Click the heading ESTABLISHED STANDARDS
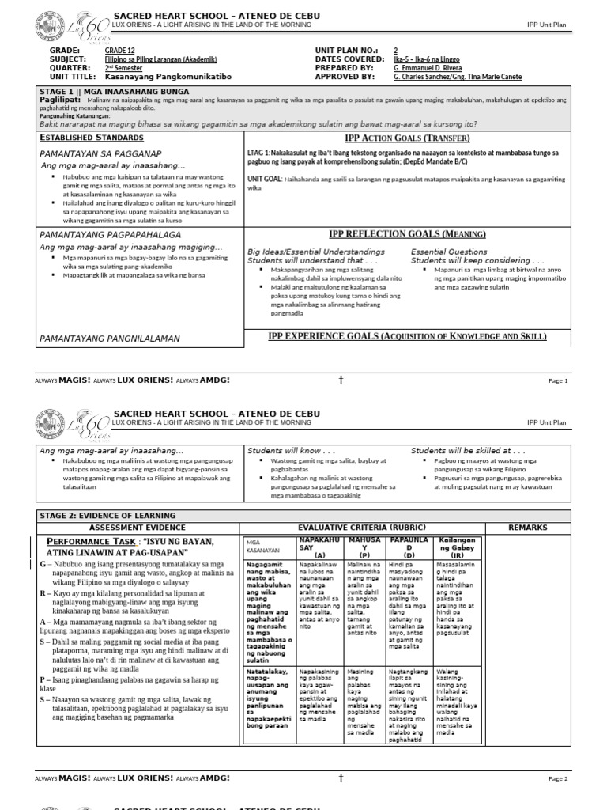click(x=87, y=138)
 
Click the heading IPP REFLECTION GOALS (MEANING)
click(x=407, y=234)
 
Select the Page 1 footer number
click(x=558, y=380)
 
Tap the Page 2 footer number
click(x=558, y=778)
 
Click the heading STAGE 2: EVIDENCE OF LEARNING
click(x=107, y=516)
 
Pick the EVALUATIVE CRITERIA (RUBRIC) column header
click(x=362, y=527)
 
